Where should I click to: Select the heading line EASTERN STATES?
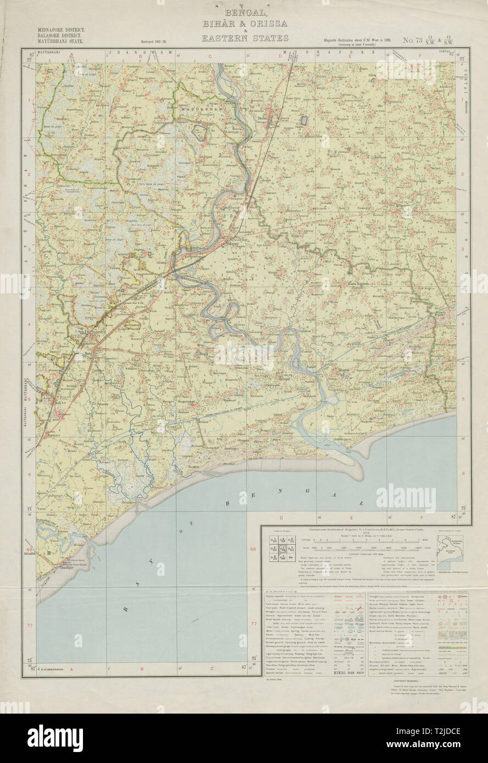[245, 38]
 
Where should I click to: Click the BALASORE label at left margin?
[29, 554]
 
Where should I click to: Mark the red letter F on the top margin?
[420, 55]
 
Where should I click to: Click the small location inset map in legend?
[450, 549]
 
